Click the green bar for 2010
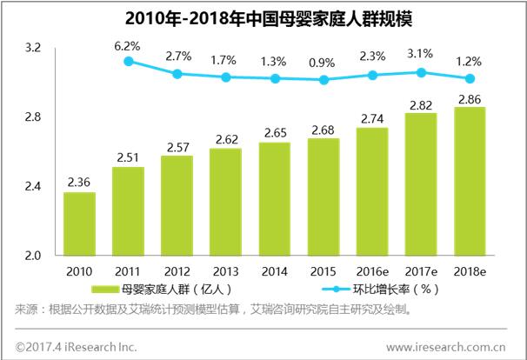click(x=80, y=224)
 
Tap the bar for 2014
click(x=275, y=199)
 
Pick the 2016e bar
click(x=372, y=192)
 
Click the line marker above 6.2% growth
click(x=129, y=61)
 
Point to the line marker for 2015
click(x=324, y=80)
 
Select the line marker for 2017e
click(x=421, y=73)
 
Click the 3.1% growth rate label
click(x=420, y=55)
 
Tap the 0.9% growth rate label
click(x=324, y=62)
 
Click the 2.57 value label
click(x=177, y=146)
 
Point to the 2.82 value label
click(x=421, y=103)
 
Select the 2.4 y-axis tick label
click(x=32, y=187)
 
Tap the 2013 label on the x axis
click(x=225, y=271)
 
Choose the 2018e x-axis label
click(x=470, y=271)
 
